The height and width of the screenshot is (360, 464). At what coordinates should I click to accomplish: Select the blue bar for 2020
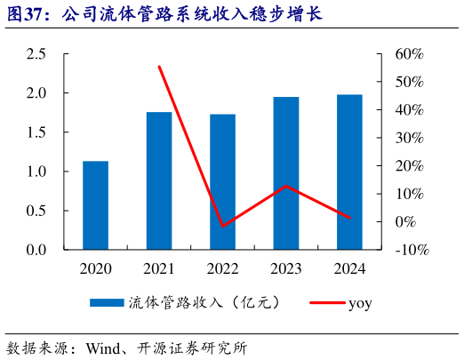point(95,205)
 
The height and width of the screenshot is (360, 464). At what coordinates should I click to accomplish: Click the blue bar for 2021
point(159,180)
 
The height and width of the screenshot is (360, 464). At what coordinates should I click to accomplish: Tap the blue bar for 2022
point(222,181)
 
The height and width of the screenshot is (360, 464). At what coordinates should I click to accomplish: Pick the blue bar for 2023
point(286,173)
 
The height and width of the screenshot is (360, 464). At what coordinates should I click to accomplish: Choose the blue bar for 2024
point(349,172)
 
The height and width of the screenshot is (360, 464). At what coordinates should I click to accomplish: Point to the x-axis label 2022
point(222,268)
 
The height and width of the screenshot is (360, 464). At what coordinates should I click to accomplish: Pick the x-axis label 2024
point(349,268)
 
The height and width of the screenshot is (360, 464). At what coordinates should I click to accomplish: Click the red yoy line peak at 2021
point(159,67)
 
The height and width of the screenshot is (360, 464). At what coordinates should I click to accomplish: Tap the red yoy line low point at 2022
point(222,226)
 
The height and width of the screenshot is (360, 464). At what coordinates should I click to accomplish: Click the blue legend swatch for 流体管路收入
point(108,303)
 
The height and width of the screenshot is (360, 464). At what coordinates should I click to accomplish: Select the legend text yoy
point(360,303)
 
